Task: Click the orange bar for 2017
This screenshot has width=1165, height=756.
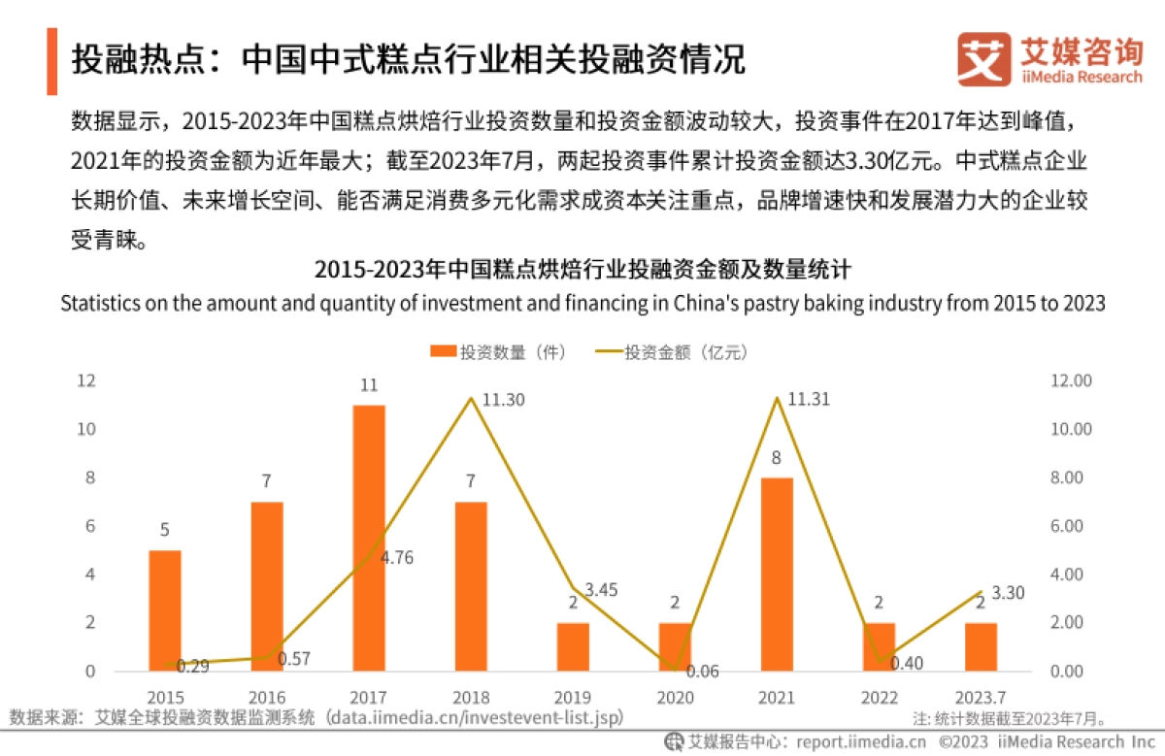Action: [369, 538]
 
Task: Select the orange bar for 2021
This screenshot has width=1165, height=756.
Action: [777, 574]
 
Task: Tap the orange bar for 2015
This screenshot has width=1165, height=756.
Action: [165, 610]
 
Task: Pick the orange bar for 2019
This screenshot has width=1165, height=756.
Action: [573, 646]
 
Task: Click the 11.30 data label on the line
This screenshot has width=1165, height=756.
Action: [504, 399]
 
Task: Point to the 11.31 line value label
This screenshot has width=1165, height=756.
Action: [810, 399]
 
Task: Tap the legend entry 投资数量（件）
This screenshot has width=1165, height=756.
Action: [499, 352]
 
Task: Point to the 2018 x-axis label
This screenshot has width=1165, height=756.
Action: [471, 697]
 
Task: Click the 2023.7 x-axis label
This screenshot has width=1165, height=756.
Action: [980, 697]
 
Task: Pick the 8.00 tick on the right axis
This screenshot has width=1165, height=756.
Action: [1073, 477]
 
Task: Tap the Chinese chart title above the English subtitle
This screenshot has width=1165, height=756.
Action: [582, 269]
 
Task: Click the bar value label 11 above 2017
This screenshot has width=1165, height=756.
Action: [369, 385]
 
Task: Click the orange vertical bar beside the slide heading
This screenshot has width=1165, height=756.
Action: [51, 60]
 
